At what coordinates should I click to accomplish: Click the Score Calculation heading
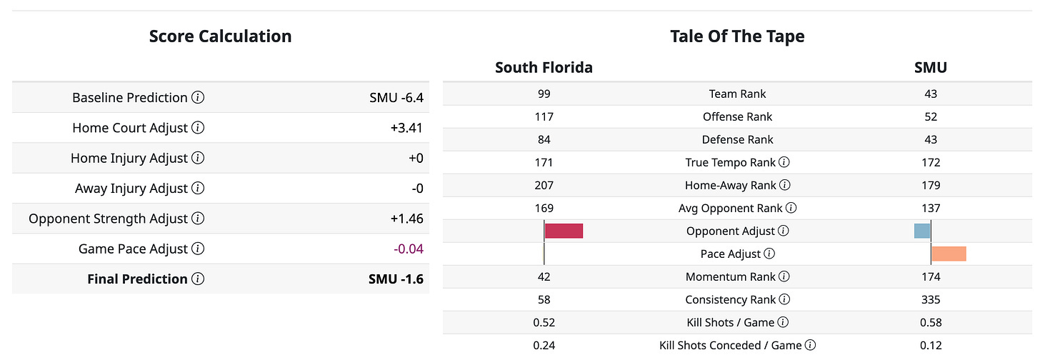click(x=220, y=36)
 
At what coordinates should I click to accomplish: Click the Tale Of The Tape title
click(x=737, y=36)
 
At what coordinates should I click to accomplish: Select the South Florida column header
click(x=544, y=68)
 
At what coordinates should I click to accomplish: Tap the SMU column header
click(x=930, y=68)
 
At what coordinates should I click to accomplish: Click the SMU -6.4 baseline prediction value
click(x=391, y=98)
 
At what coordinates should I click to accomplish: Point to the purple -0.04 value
click(x=408, y=249)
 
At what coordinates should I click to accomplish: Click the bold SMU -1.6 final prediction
click(x=396, y=279)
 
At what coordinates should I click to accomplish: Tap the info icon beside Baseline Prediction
click(x=199, y=98)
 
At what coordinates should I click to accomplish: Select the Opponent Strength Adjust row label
click(x=109, y=219)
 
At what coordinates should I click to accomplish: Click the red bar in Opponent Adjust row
click(x=564, y=231)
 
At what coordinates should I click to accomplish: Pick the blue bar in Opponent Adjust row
click(x=922, y=231)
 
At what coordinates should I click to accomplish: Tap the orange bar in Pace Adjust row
click(x=949, y=254)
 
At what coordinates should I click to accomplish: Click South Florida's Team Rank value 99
click(x=544, y=94)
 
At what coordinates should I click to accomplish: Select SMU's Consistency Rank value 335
click(x=930, y=300)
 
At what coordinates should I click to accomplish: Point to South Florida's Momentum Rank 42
click(x=544, y=277)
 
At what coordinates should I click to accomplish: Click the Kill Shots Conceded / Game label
click(x=731, y=346)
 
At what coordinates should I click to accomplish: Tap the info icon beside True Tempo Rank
click(x=784, y=163)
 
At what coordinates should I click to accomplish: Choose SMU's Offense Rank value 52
click(x=930, y=116)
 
